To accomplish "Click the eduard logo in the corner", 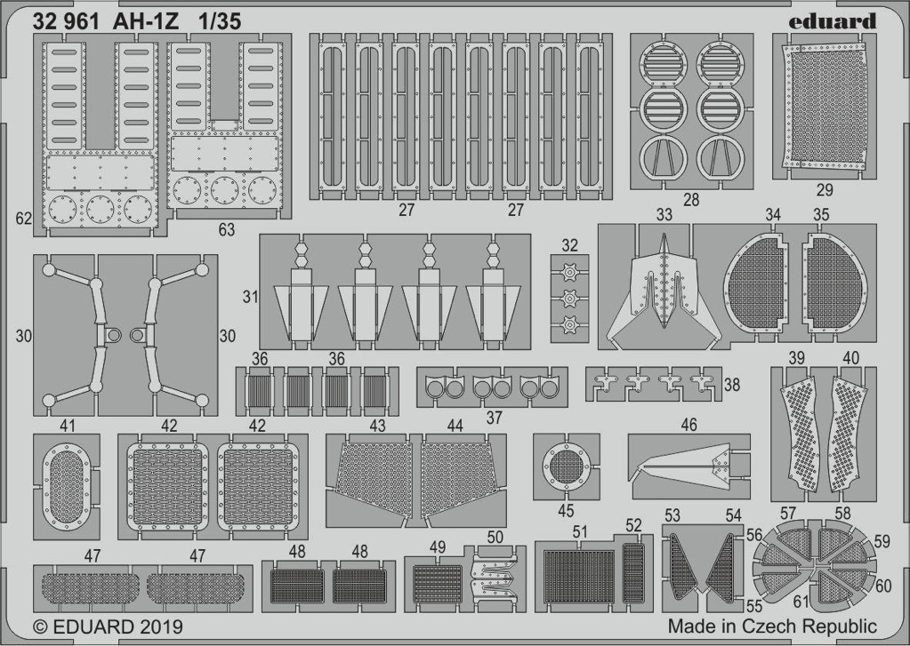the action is tap(833, 21).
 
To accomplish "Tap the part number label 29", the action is tap(825, 189).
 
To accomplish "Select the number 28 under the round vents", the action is tap(691, 200).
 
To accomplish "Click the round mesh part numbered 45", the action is tap(567, 467).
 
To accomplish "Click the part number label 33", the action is tap(664, 214).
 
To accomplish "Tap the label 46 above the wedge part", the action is tap(689, 425).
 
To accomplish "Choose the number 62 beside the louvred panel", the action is tap(24, 219).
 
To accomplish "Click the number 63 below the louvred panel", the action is tap(226, 229).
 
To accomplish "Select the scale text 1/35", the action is tap(219, 21).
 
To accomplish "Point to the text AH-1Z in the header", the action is tap(146, 21).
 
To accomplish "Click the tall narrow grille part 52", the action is tap(632, 573).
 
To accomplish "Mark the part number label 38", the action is tap(732, 384).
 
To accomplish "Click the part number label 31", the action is tap(250, 297).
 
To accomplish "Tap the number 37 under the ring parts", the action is tap(494, 417).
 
